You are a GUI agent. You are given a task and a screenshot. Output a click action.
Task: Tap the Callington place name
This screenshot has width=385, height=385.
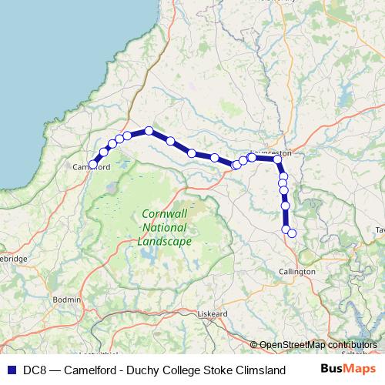point(296,272)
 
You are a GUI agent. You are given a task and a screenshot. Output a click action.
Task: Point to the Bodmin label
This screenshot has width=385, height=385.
point(67,298)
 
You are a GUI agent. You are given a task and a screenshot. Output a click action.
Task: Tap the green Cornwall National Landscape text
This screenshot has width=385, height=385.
point(164,228)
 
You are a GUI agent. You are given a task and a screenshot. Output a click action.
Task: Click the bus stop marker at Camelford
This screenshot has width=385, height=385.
point(93,164)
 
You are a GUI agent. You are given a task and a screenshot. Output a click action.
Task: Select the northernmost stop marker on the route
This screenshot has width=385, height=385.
point(149,131)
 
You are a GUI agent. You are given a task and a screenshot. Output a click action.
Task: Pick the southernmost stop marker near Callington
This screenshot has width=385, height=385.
point(292,233)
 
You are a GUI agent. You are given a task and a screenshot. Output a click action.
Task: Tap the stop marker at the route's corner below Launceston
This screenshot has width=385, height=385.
point(278,160)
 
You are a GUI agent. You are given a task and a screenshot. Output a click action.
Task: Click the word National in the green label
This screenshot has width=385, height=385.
point(164,228)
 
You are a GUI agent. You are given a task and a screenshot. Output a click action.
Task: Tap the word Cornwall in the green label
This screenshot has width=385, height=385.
point(164,214)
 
